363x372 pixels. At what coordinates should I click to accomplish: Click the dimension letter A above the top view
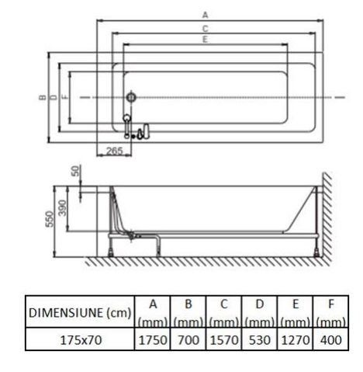coord(205,15)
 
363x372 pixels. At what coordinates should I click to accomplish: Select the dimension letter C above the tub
coord(205,29)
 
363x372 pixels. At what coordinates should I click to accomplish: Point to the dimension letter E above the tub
coord(205,40)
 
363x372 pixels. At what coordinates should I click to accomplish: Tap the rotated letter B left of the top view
coord(43,97)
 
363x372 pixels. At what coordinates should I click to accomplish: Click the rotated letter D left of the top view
coord(54,97)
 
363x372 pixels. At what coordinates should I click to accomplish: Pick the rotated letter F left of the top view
coord(66,97)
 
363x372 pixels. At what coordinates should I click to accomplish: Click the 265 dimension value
coord(115,151)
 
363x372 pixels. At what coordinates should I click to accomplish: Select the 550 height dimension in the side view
coord(49,219)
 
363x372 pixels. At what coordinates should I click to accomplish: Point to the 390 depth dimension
coord(62,208)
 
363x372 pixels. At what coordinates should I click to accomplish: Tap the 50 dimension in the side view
coord(76,171)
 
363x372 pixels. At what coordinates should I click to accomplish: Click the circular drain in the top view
coord(131,97)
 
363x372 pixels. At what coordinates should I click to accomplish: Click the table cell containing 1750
coord(153,339)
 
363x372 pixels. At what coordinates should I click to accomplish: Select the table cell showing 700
coord(188,339)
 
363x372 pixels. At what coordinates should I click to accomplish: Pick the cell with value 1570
coord(224,339)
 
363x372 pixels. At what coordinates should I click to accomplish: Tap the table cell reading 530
coord(260,339)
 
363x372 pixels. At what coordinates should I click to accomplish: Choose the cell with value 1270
coord(296,339)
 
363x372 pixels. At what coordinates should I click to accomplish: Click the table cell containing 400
coord(331,339)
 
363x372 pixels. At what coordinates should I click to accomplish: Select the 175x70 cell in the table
coord(81,339)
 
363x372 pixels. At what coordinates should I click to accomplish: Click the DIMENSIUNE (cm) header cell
coord(81,312)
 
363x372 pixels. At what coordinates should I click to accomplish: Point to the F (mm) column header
coord(331,312)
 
